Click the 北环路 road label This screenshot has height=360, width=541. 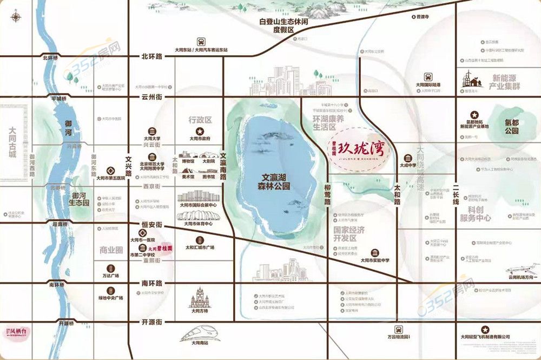152,56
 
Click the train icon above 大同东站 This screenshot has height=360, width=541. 201,41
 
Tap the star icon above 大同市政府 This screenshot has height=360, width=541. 200,131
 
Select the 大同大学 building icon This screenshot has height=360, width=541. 153,132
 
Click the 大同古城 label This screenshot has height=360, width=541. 11,142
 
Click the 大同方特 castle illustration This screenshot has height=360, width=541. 200,297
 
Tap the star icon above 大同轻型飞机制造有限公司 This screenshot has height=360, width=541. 486,329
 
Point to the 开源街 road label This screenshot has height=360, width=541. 152,322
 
